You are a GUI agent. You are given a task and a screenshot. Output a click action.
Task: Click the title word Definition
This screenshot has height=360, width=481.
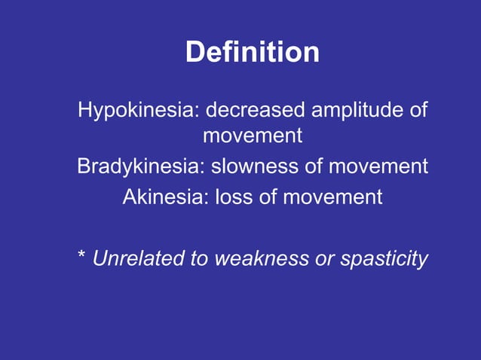click(x=252, y=53)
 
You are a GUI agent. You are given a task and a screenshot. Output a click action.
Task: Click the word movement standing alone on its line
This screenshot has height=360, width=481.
click(x=253, y=136)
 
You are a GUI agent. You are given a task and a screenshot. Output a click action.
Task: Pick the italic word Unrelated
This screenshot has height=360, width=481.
click(x=140, y=259)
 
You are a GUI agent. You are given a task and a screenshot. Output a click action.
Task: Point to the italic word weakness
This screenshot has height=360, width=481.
click(x=262, y=259)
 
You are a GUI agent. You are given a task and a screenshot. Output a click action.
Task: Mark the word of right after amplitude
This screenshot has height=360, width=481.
click(x=418, y=110)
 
